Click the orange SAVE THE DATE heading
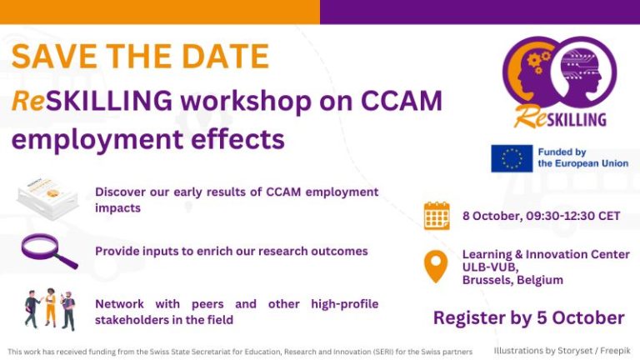[140, 56]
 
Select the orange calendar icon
[437, 216]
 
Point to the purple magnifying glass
[49, 251]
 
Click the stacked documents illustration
[47, 197]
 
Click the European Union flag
[511, 158]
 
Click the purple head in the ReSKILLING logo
[584, 70]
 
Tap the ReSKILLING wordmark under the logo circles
[560, 117]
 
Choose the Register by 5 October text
[528, 317]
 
